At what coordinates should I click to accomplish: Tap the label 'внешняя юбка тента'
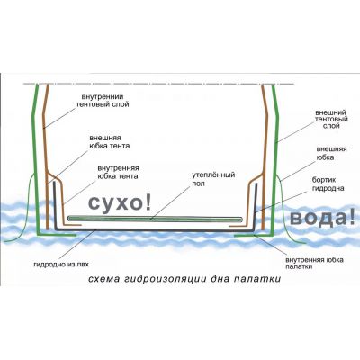click(x=110, y=142)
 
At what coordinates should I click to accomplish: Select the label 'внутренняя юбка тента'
click(x=118, y=172)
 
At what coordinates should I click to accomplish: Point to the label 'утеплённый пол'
click(x=213, y=179)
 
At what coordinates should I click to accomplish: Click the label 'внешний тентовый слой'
click(x=331, y=119)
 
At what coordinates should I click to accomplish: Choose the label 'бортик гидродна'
click(x=328, y=184)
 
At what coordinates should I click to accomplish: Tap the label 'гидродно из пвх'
click(x=61, y=265)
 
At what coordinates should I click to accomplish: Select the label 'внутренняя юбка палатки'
click(x=315, y=263)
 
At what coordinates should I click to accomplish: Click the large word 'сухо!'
click(x=120, y=203)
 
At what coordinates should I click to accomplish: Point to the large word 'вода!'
click(x=323, y=218)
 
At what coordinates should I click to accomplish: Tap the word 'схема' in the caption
click(x=103, y=279)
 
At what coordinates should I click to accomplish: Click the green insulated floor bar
click(x=155, y=219)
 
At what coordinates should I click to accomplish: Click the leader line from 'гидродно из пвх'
click(x=77, y=244)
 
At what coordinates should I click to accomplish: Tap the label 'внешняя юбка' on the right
click(x=331, y=153)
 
